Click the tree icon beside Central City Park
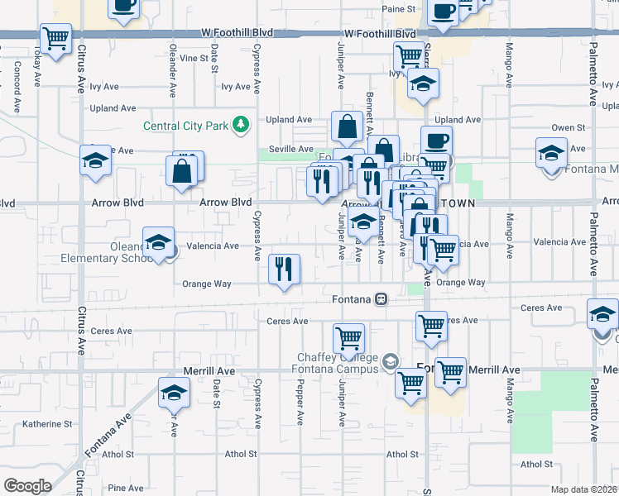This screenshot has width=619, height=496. click(x=241, y=125)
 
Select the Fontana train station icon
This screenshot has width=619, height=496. click(x=381, y=299)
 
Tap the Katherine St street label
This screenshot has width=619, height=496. click(x=47, y=424)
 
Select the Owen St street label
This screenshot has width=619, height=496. click(x=569, y=128)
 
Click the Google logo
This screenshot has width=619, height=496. click(x=27, y=486)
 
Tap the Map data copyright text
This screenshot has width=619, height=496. click(x=584, y=489)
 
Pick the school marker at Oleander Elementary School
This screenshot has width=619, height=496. click(x=158, y=244)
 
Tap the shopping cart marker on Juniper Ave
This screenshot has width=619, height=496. click(x=349, y=338)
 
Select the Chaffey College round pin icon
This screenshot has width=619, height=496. click(x=390, y=360)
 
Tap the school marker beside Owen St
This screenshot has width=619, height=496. click(x=550, y=155)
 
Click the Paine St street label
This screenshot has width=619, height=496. click(x=397, y=9)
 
